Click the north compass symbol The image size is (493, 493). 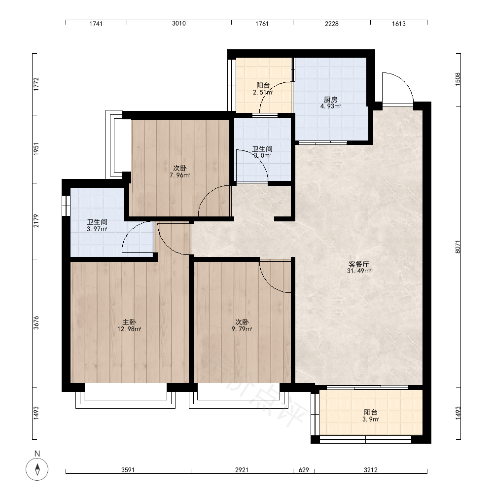pos(37,469)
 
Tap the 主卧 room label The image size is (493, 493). pos(129,322)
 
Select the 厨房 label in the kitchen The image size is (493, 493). pos(330,100)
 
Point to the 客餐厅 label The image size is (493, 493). pos(359,264)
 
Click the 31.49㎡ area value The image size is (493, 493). pos(359,271)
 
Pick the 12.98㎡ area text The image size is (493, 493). pos(129,329)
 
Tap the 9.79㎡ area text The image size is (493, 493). pos(242,329)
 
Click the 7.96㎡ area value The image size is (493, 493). pos(179,175)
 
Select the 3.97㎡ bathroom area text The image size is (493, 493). pos(97,229)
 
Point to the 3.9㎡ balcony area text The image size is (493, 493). pos(370,419)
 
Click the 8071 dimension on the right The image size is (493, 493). pos(458,247)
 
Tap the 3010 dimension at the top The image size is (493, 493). pos(179,24)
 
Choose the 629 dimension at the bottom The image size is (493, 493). pos(304,470)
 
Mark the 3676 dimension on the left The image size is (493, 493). pos(36,323)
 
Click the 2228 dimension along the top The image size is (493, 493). pos(332,24)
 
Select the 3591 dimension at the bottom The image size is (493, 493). pos(128,470)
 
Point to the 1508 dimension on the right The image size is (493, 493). pos(458,79)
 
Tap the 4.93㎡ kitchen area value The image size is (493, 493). pos(330,106)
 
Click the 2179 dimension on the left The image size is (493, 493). pos(36,221)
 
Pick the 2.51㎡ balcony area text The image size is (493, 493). pos(263,93)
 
